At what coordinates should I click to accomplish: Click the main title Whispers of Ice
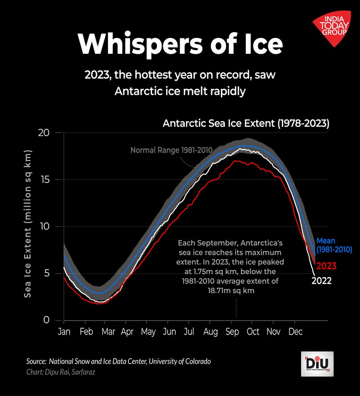tap(180, 44)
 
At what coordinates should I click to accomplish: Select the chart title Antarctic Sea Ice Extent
tap(246, 123)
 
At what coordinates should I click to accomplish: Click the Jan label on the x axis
tap(64, 332)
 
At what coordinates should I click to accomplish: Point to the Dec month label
tap(295, 332)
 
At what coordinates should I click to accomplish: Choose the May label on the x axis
tap(148, 332)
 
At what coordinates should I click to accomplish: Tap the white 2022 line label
tap(322, 281)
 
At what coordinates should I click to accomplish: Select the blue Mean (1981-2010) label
tap(334, 245)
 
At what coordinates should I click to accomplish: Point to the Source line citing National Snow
tap(119, 361)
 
